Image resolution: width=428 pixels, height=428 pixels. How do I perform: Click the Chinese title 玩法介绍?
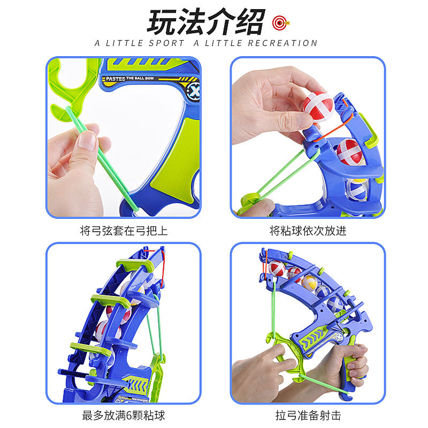[207, 22]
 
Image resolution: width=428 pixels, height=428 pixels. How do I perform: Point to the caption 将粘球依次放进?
[308, 231]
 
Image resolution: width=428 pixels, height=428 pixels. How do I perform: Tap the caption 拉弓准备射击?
[308, 416]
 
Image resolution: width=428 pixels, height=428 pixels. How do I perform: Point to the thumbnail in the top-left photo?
[89, 140]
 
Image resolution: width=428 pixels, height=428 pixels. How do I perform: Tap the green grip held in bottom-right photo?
[355, 369]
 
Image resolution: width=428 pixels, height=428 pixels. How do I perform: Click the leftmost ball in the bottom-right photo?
[277, 269]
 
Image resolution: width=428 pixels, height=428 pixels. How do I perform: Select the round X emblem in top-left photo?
[194, 91]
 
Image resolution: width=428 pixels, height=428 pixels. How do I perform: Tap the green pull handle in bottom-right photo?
[286, 356]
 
